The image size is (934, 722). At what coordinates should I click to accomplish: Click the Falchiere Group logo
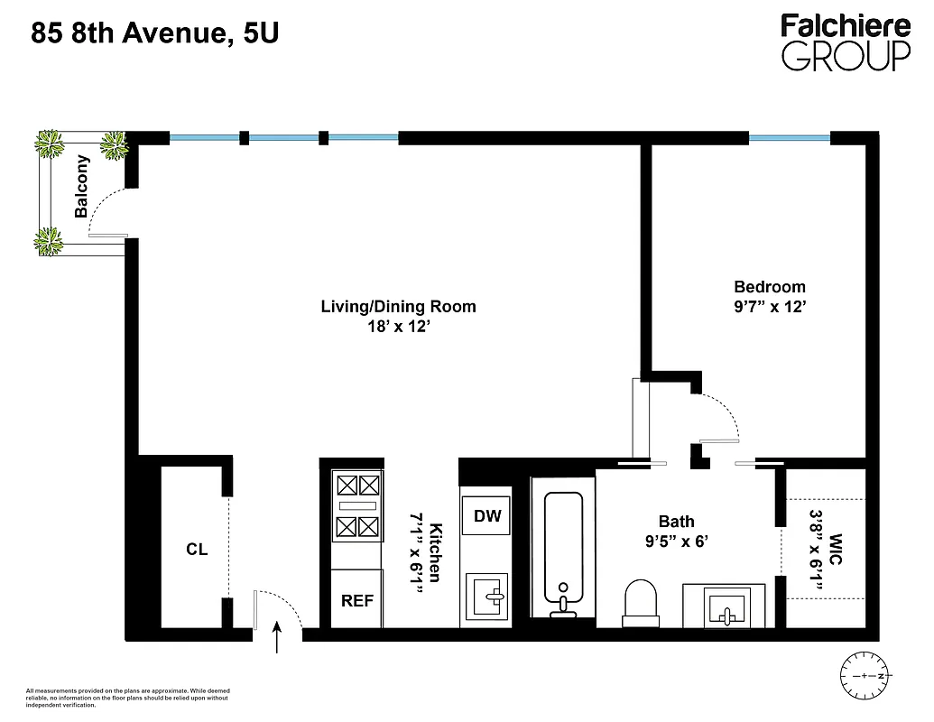click(846, 42)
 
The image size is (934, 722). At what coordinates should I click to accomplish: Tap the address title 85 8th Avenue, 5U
click(155, 35)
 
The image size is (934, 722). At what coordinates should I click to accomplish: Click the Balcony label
click(82, 187)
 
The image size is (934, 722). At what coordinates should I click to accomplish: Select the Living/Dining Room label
click(398, 306)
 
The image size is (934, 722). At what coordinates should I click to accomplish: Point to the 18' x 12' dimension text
click(398, 328)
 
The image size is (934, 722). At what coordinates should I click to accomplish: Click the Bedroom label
click(769, 286)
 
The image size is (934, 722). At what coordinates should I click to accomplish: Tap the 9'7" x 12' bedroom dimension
click(769, 307)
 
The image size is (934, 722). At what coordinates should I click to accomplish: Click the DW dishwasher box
click(487, 517)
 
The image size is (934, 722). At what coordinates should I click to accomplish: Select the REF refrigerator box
click(357, 600)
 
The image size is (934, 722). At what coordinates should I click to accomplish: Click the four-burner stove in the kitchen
click(357, 506)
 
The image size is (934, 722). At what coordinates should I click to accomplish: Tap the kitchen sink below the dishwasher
click(487, 597)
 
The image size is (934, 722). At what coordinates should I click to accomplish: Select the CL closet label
click(197, 549)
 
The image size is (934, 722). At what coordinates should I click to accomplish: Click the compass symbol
click(865, 674)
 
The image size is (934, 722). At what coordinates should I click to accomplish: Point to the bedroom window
click(790, 138)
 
